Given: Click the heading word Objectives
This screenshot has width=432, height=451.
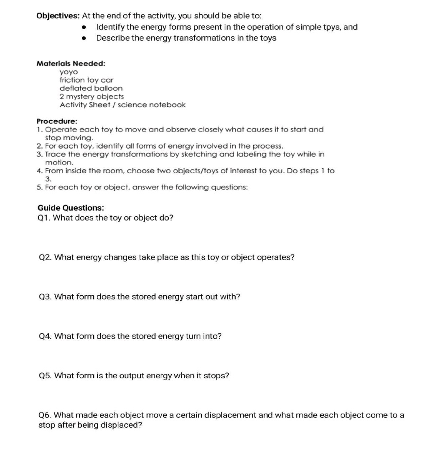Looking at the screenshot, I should tap(58, 16).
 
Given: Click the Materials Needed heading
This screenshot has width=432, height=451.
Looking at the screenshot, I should tap(71, 63).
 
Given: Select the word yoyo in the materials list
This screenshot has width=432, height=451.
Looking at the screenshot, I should tap(69, 72).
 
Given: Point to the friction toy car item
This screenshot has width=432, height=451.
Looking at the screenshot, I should tap(86, 80).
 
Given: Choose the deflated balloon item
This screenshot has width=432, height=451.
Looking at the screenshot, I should tap(91, 88).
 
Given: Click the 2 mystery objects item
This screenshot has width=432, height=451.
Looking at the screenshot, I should tap(91, 96).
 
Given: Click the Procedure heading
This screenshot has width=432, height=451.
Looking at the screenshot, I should tap(57, 121).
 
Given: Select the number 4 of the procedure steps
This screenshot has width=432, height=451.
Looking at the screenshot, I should tap(39, 171).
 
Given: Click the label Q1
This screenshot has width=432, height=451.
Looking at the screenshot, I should tap(43, 218).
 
